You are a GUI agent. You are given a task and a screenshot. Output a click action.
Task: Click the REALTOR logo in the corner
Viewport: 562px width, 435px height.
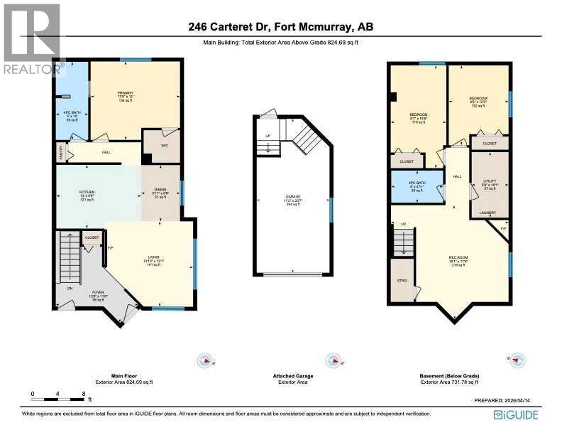click(x=32, y=39)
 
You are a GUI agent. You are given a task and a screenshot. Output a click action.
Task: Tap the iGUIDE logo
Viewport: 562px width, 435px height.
click(x=516, y=414)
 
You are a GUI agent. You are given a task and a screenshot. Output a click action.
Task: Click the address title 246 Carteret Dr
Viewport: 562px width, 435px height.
click(x=281, y=27)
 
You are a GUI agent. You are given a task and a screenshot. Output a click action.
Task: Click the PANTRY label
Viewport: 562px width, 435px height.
click(x=61, y=151)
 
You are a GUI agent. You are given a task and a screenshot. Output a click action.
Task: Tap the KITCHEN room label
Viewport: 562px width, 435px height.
click(x=86, y=192)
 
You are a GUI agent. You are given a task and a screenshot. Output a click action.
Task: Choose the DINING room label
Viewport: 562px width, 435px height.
click(x=160, y=190)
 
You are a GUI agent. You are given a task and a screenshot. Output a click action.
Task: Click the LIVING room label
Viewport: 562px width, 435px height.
click(x=153, y=257)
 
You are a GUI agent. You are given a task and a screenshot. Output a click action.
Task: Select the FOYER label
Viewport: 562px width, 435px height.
click(x=97, y=291)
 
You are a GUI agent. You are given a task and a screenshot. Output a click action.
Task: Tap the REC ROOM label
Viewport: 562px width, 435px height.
click(x=457, y=257)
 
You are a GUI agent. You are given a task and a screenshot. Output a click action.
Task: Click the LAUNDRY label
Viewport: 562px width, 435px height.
click(x=487, y=213)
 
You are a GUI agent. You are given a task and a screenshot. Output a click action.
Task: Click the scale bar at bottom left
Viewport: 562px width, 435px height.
click(x=58, y=393)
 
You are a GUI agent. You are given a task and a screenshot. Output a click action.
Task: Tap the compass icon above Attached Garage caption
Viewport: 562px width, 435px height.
click(x=331, y=360)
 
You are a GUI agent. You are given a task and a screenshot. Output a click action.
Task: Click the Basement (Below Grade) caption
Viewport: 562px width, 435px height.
click(x=453, y=376)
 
